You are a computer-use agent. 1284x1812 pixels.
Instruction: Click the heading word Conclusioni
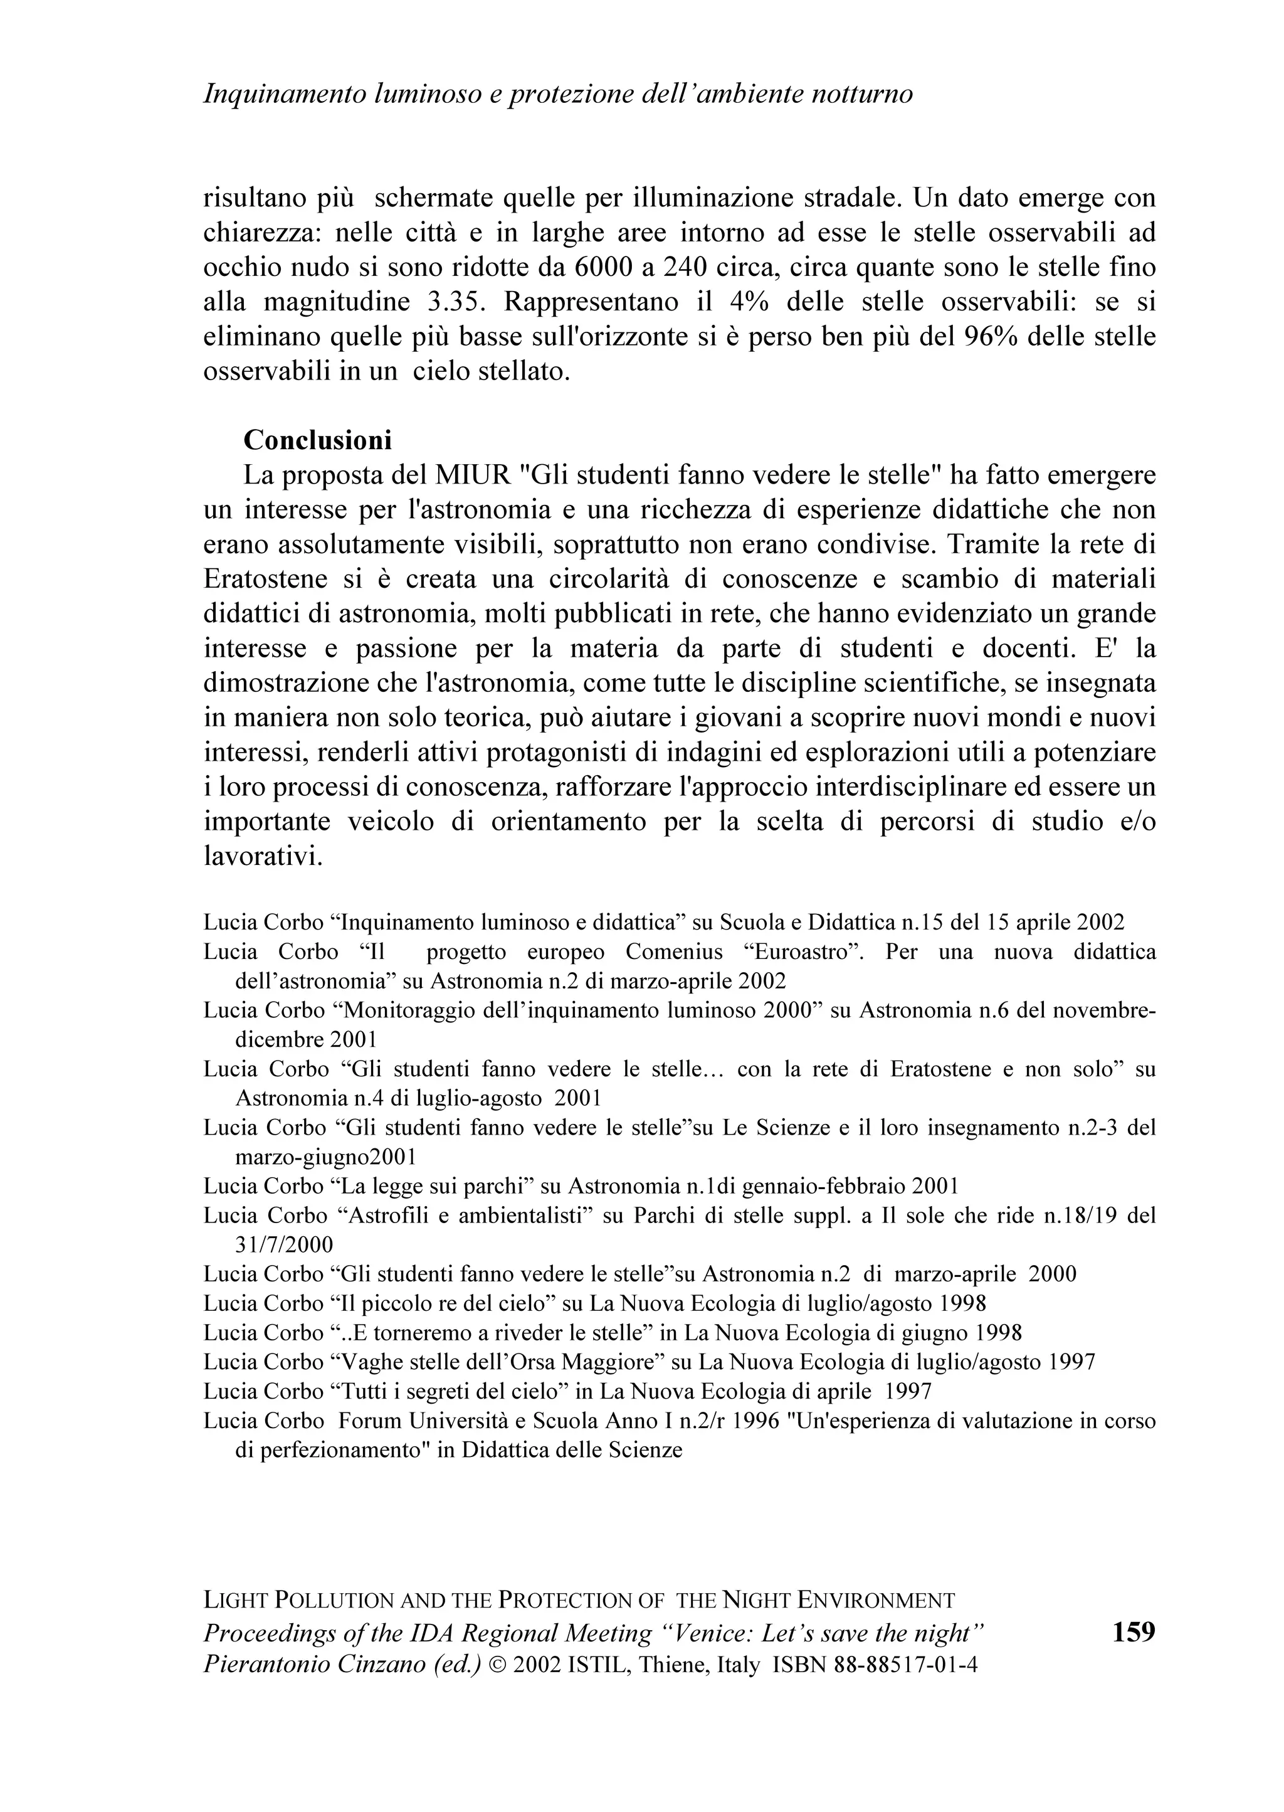tap(317, 440)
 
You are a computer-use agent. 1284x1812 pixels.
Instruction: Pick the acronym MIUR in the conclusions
tap(472, 475)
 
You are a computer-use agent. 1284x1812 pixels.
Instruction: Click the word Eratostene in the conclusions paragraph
tap(265, 579)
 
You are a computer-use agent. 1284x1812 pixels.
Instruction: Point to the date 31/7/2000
tap(285, 1244)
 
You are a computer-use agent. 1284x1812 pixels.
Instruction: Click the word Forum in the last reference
tap(367, 1421)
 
